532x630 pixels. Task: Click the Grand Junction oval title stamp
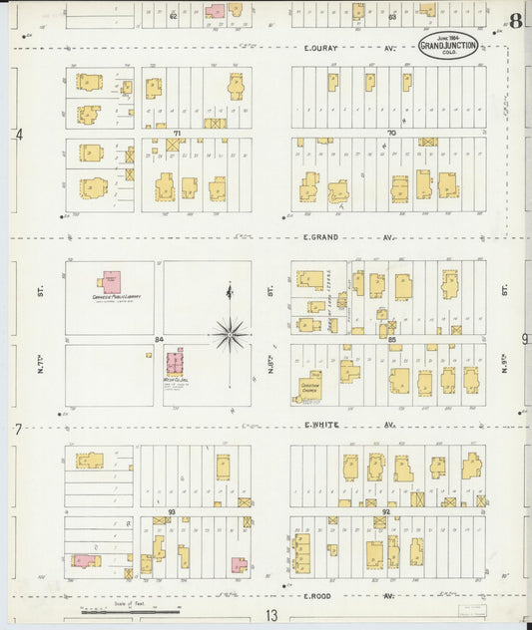coord(447,47)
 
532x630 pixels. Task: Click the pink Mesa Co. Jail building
coord(175,364)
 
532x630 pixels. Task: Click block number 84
coord(158,341)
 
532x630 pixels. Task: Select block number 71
coord(176,133)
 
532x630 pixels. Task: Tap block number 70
coord(391,133)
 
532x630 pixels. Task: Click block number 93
coord(172,511)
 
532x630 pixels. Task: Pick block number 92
coord(385,511)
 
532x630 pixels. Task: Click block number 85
coord(392,341)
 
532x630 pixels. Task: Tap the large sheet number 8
coord(515,22)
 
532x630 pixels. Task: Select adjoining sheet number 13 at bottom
coord(270,616)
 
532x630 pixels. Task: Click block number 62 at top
coord(173,16)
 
